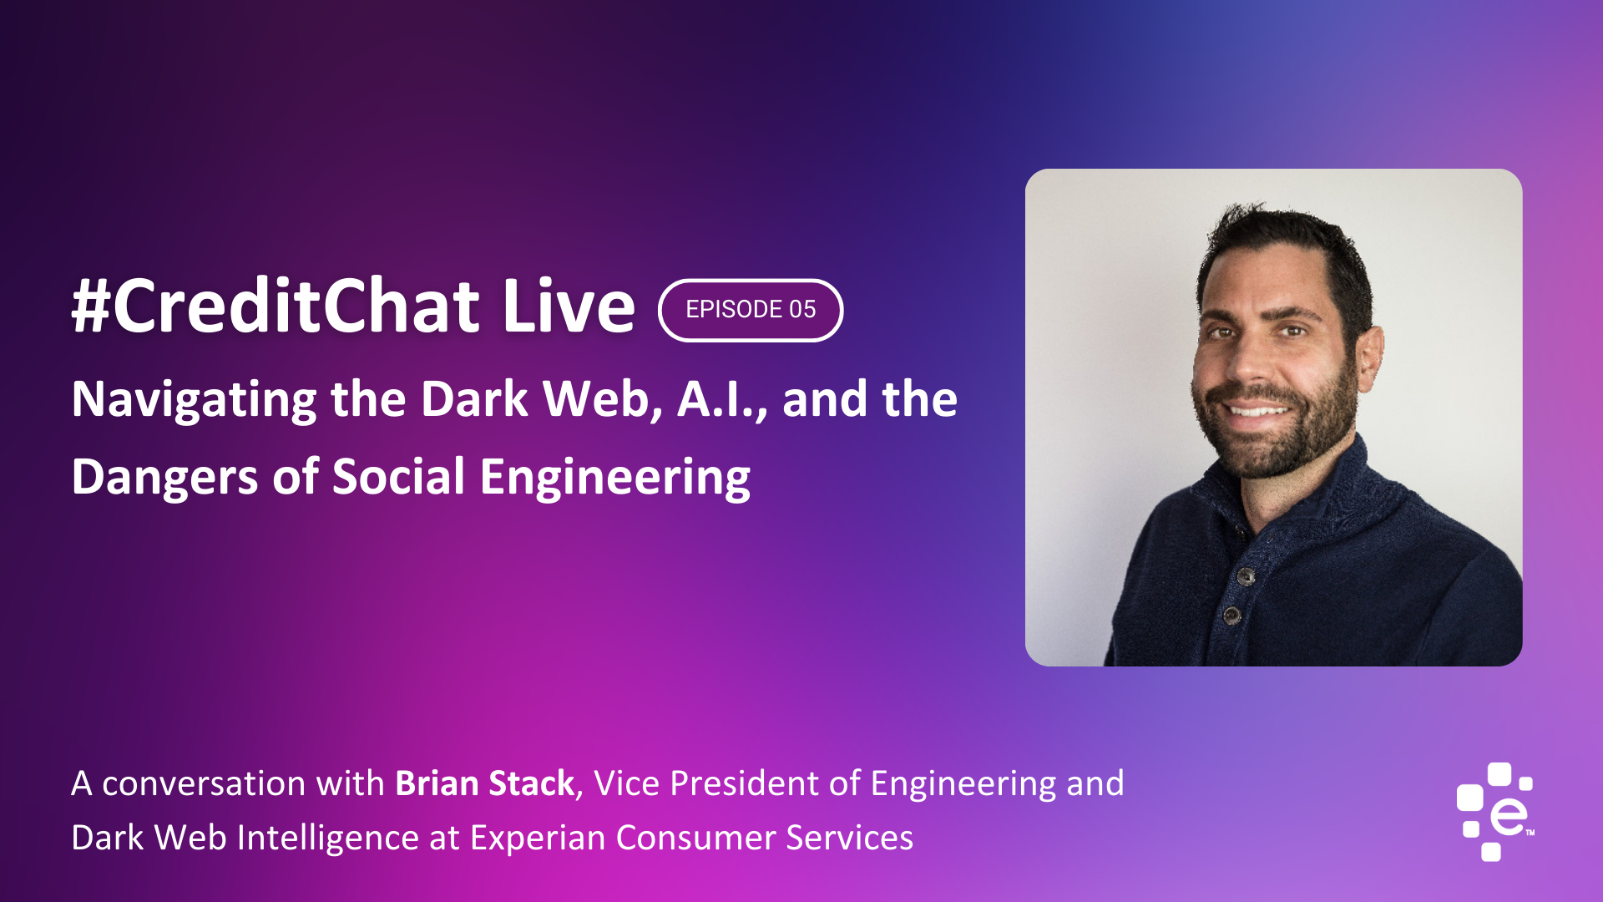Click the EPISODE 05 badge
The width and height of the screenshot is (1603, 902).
click(751, 310)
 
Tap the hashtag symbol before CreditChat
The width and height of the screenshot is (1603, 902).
click(91, 306)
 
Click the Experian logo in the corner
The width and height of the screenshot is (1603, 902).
click(1495, 811)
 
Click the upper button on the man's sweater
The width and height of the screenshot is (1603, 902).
click(1246, 576)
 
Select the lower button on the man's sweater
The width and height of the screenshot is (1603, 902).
click(1231, 616)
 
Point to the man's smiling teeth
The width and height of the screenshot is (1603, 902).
click(1257, 410)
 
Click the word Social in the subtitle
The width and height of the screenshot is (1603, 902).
click(398, 477)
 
